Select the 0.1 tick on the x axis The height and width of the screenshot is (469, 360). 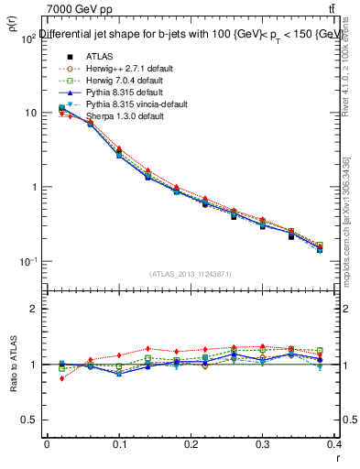pyautogui.click(x=119, y=442)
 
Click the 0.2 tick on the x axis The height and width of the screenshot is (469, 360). pyautogui.click(x=191, y=442)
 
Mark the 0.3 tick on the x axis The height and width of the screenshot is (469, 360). pyautogui.click(x=263, y=442)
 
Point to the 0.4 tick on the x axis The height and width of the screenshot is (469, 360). pyautogui.click(x=335, y=442)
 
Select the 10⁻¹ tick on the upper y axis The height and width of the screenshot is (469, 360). pyautogui.click(x=30, y=262)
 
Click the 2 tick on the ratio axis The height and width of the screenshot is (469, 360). pyautogui.click(x=35, y=309)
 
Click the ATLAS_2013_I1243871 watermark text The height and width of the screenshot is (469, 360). pyautogui.click(x=191, y=275)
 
